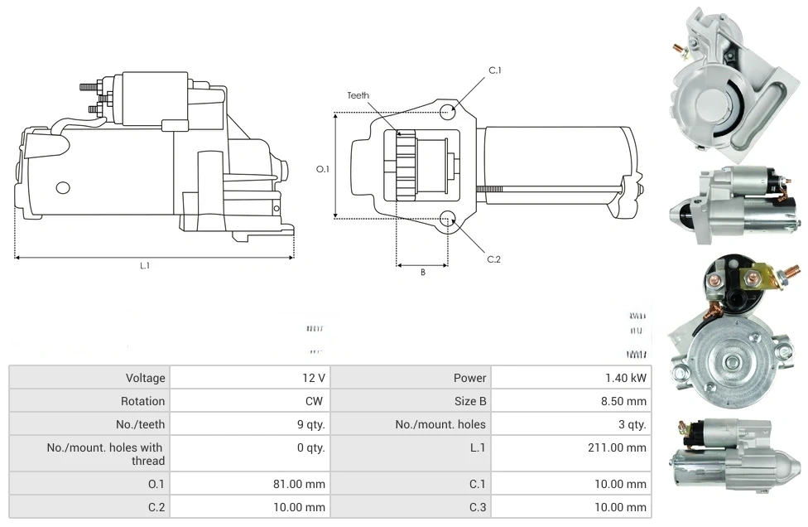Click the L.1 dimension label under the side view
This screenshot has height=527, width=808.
coord(144,266)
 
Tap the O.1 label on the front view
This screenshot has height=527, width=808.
coord(324,169)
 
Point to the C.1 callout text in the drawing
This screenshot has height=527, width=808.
coord(495,70)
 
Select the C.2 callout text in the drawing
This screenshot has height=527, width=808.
coord(493,259)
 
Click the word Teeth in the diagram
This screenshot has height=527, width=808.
coord(358,95)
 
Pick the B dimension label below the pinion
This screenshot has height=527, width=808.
coord(422,273)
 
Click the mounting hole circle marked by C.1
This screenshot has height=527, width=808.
coord(447,112)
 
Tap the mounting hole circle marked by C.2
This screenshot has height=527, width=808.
coord(447,219)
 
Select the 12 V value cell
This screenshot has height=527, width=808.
coord(314,378)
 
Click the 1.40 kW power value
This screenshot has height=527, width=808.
coord(626,378)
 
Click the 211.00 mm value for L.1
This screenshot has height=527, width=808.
coord(618,447)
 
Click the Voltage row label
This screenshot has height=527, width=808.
coord(146,378)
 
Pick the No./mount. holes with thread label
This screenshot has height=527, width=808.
coord(106,454)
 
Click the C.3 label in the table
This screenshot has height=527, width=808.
coord(477,507)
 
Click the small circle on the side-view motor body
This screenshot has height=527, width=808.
coord(63,187)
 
